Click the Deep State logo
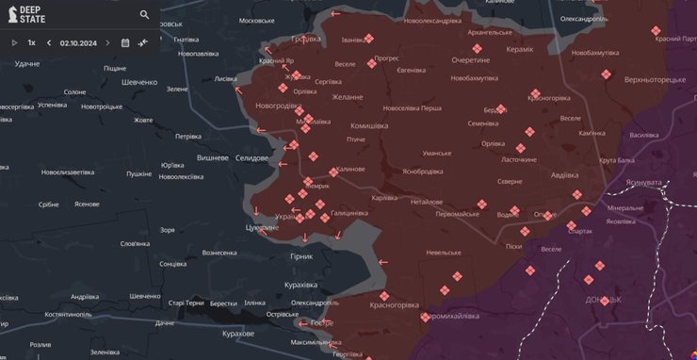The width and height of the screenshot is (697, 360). (x=27, y=14)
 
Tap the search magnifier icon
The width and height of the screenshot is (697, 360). (x=144, y=14)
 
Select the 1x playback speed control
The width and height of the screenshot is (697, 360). (x=31, y=42)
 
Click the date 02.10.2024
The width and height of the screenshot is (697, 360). (x=79, y=42)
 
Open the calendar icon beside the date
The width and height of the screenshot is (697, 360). (x=124, y=42)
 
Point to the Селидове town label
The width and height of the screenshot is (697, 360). (x=251, y=157)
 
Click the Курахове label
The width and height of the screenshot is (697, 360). (x=233, y=334)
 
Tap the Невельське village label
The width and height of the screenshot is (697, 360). (x=443, y=253)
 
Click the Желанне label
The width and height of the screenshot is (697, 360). (x=347, y=96)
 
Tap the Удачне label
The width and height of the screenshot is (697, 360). (x=27, y=63)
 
